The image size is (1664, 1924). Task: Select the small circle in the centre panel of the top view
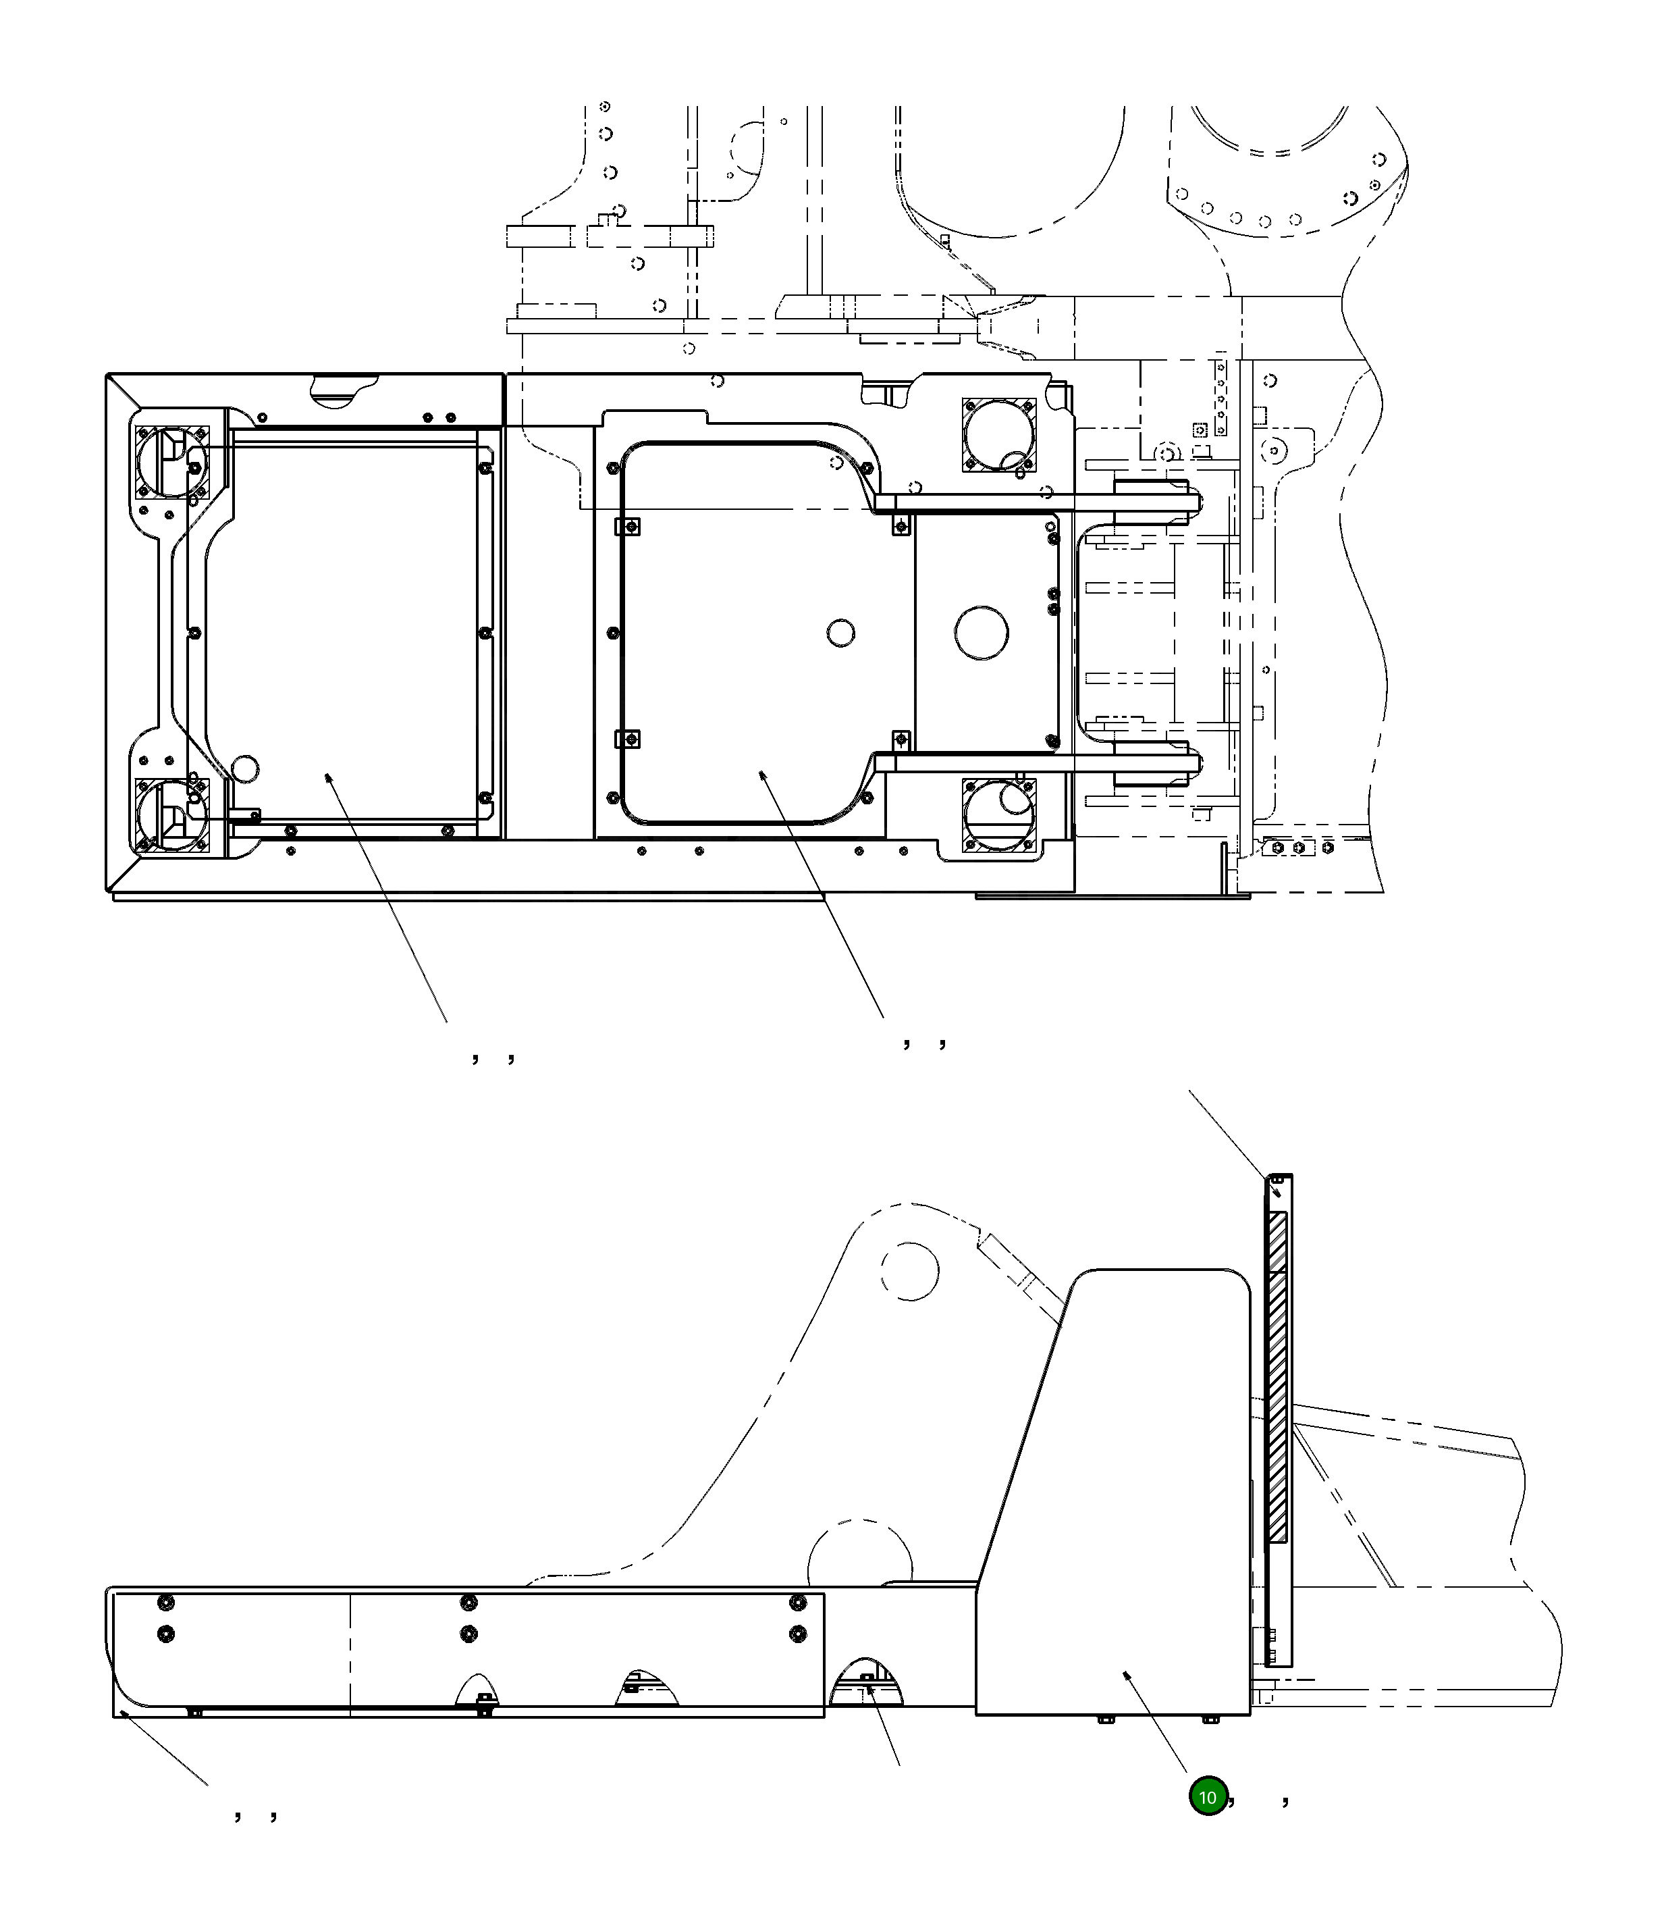840,633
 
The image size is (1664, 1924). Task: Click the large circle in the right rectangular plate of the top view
982,633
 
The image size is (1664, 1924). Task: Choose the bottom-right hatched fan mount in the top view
998,814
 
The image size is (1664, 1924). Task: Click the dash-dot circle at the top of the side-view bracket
909,1270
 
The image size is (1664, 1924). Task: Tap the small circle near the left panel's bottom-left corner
245,769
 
